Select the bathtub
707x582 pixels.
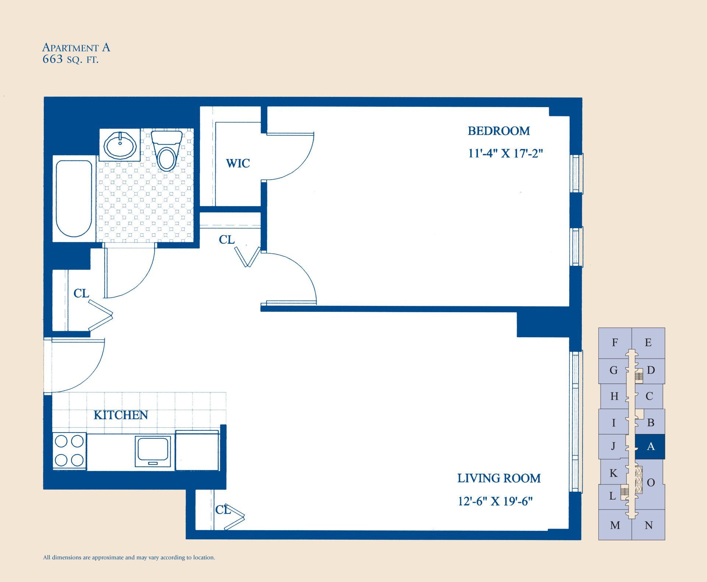tap(74, 199)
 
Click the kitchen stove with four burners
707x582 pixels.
tap(69, 451)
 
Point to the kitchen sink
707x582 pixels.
tap(153, 451)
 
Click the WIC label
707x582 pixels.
tap(238, 163)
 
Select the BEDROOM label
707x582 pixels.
tap(499, 131)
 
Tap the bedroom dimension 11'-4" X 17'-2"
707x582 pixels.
tap(505, 154)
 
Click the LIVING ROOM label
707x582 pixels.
tap(499, 478)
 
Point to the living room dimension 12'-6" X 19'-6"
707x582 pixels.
tap(495, 501)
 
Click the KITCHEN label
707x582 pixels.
tap(121, 415)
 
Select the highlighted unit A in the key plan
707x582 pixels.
tap(651, 447)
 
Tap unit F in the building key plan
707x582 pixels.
tap(615, 343)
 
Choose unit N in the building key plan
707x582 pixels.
tap(649, 525)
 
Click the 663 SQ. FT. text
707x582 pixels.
tap(70, 60)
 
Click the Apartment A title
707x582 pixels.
tap(76, 47)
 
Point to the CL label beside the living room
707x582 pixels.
tap(222, 510)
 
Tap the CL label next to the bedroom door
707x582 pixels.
tap(226, 240)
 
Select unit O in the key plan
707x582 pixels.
tap(651, 483)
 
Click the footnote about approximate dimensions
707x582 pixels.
tap(129, 557)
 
